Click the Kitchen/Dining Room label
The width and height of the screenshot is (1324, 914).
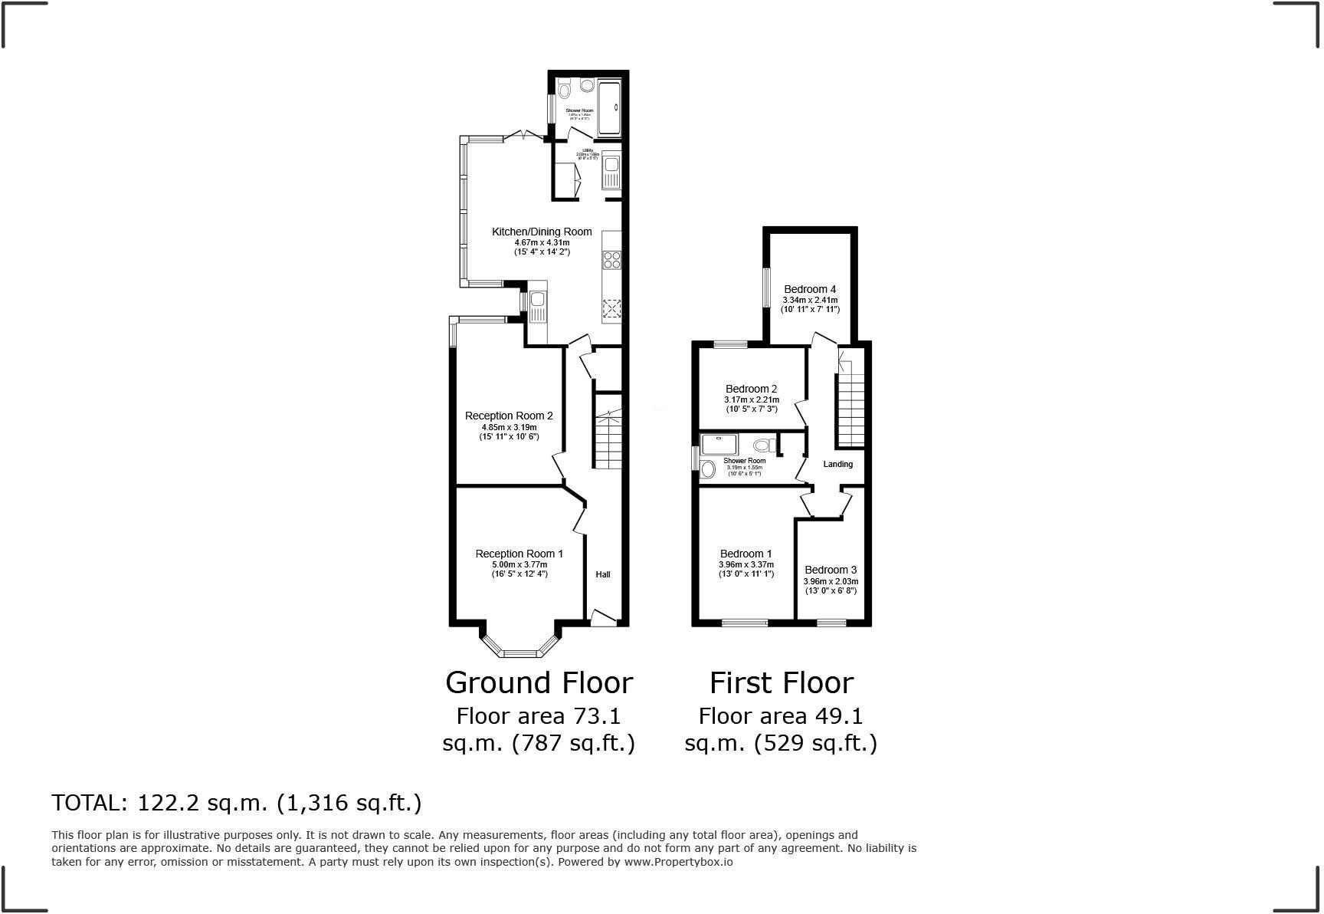[541, 232]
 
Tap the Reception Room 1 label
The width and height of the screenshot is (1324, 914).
[519, 554]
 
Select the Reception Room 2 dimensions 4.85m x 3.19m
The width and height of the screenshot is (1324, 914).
[509, 427]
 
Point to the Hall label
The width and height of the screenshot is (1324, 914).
[603, 574]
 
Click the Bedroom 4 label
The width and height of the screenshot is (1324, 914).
[810, 289]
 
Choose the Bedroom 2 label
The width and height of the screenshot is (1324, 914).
[751, 389]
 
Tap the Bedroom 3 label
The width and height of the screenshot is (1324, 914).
[831, 570]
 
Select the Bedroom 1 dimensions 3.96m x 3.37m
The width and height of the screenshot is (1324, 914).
[746, 564]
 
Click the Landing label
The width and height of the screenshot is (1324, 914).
[837, 464]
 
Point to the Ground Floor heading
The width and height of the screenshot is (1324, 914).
[539, 682]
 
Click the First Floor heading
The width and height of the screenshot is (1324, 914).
[781, 682]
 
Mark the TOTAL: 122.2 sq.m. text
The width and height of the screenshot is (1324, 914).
[236, 803]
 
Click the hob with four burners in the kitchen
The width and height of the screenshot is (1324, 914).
[611, 260]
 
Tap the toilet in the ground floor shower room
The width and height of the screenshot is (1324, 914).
[565, 90]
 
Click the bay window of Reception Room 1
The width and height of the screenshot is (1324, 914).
[519, 652]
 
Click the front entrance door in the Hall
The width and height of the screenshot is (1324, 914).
[603, 618]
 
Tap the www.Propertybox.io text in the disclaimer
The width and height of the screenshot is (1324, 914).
[678, 862]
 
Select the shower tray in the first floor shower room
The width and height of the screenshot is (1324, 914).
[720, 444]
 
